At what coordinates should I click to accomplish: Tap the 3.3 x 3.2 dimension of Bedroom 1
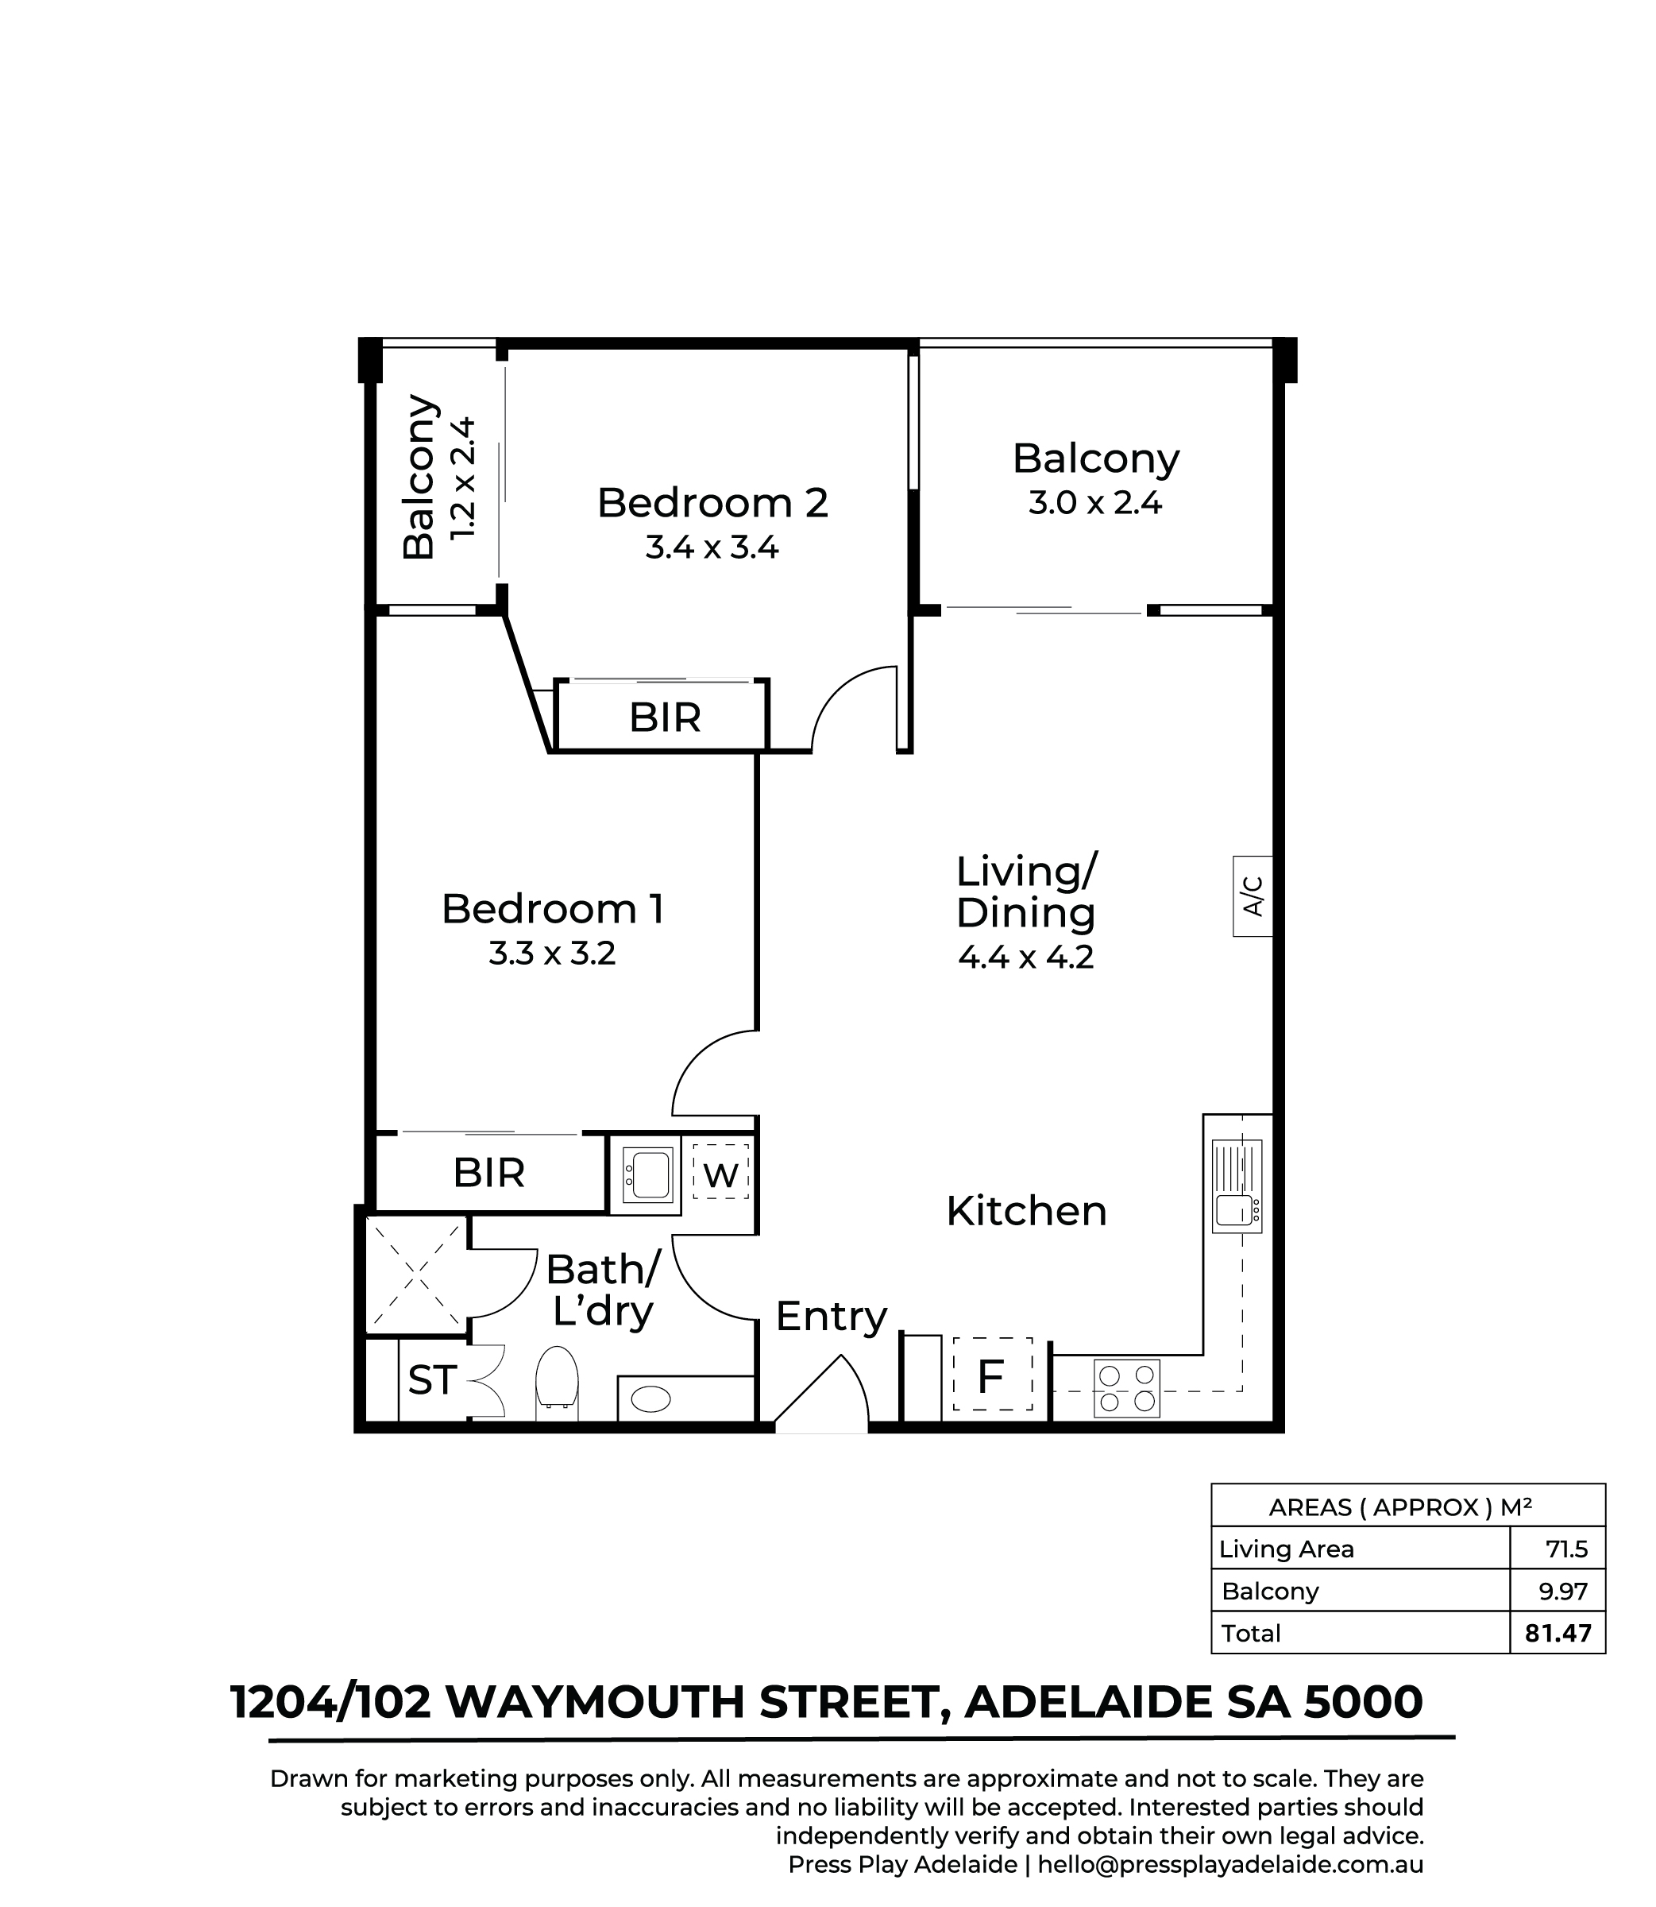coord(552,953)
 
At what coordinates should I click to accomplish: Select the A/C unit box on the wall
coord(1253,895)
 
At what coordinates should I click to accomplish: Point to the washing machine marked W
coord(721,1175)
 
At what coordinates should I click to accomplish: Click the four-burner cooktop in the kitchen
coord(1126,1387)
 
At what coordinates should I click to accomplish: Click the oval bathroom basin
coord(651,1398)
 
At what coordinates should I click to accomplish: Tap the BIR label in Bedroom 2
coord(665,718)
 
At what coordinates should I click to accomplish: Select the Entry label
coord(831,1317)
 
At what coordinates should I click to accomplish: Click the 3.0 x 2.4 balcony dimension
coord(1095,504)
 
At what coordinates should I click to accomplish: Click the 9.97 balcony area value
coord(1561,1591)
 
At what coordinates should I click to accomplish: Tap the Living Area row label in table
coord(1287,1549)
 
